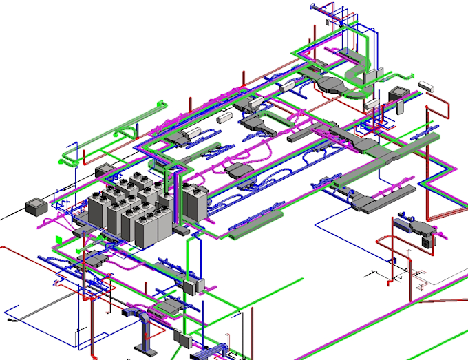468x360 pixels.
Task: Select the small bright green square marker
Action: point(58,240)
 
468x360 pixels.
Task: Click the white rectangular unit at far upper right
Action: point(427,87)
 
